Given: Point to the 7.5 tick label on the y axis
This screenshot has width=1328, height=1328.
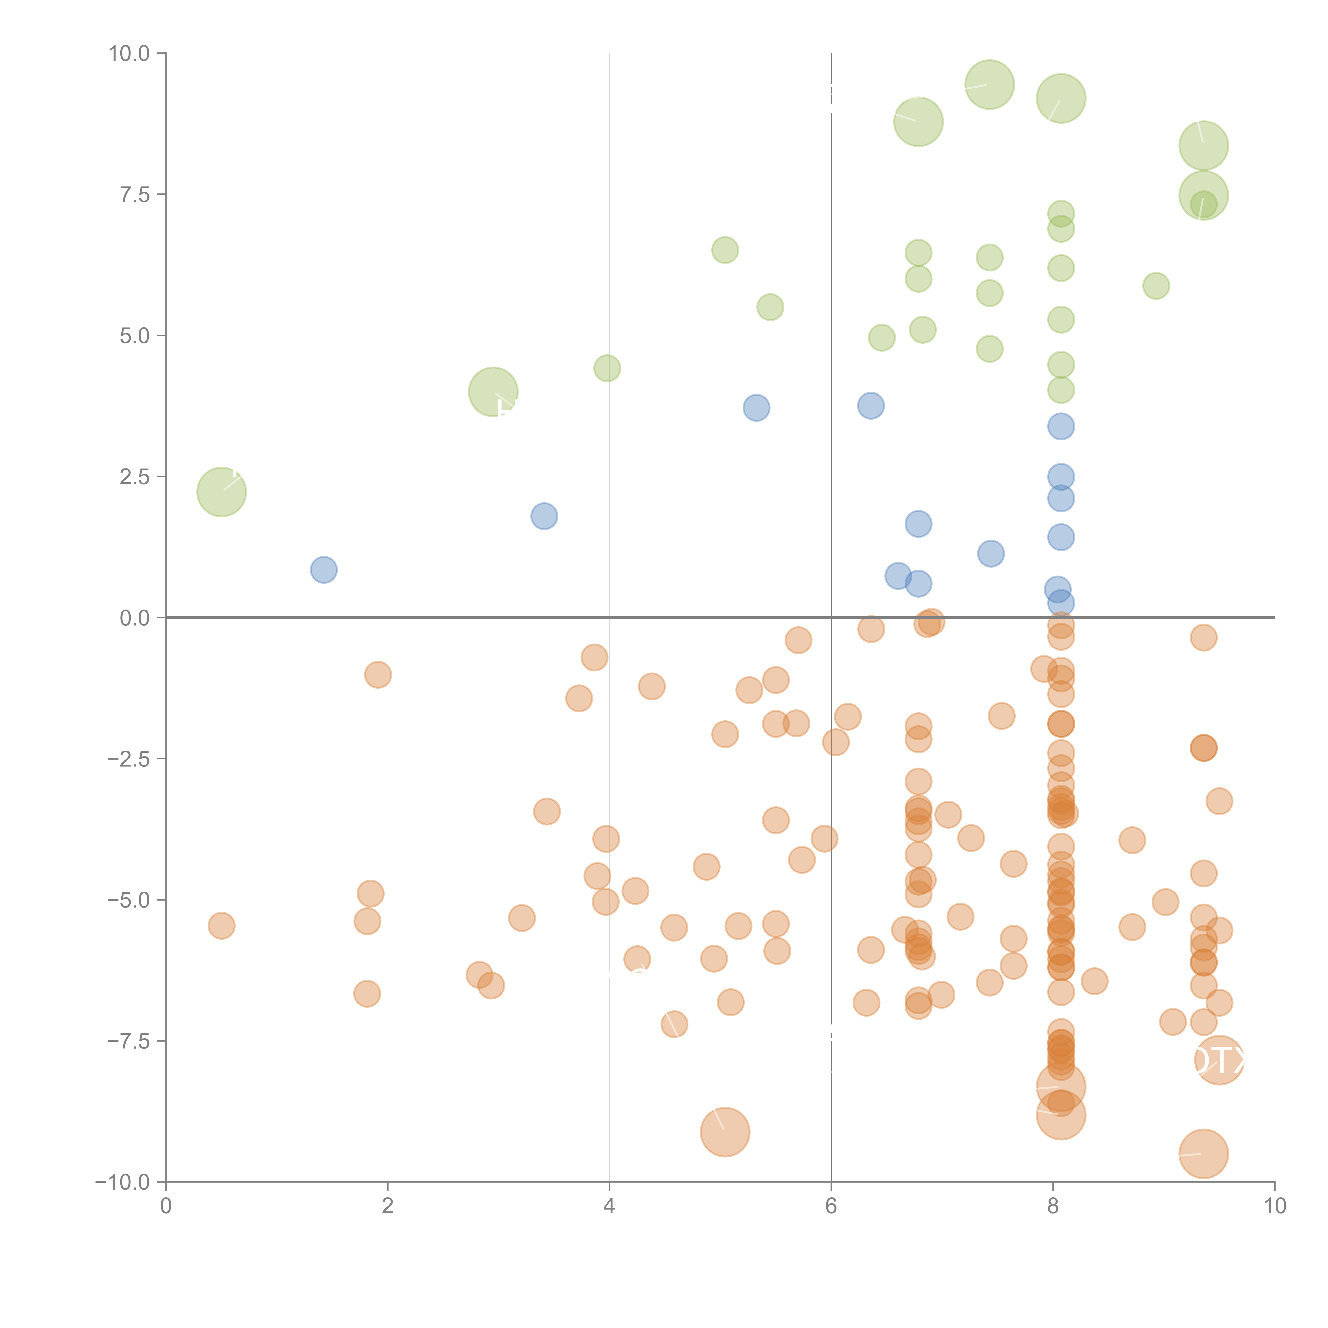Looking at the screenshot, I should pos(135,194).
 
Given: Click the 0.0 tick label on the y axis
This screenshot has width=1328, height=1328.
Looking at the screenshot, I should pos(135,618).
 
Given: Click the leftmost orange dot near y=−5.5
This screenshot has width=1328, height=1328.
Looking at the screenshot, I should pos(221,926).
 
